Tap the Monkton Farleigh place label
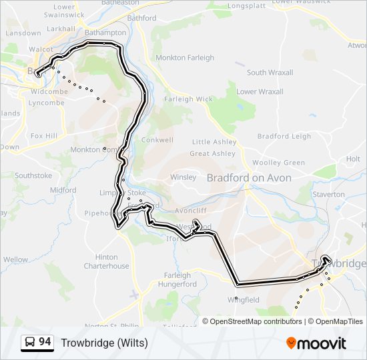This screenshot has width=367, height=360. [x=185, y=58]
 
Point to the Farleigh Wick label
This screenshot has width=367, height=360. [x=188, y=99]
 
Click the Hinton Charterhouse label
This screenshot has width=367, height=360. [x=106, y=261]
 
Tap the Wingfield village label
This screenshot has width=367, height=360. [x=244, y=300]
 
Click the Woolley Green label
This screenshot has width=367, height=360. [x=278, y=163]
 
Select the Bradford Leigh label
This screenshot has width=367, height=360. [x=284, y=137]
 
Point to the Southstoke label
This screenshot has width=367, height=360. [x=33, y=176]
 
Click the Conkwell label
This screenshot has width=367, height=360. [x=157, y=141]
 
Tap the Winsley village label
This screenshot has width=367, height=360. [x=183, y=177]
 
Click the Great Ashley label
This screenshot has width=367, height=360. [x=212, y=153]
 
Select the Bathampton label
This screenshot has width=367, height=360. [x=107, y=33]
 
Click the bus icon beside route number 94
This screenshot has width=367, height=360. [x=30, y=343]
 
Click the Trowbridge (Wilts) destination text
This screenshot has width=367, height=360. [x=105, y=343]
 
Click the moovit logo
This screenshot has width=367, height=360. [x=316, y=343]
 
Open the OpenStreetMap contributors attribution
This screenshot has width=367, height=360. [x=256, y=321]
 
